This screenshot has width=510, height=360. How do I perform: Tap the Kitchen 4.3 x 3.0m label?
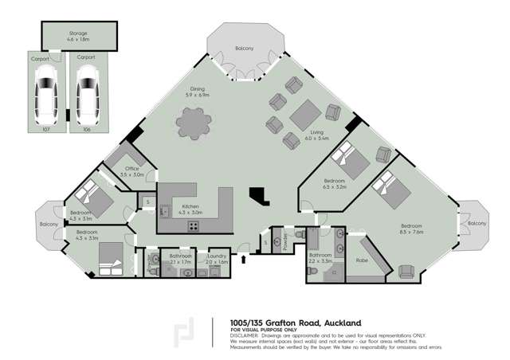[191, 211]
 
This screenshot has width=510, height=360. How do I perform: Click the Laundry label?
[217, 259]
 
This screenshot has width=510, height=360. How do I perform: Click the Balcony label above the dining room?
[244, 49]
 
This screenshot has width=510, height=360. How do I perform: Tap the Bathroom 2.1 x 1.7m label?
[176, 259]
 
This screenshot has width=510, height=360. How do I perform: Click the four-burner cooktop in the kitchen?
[193, 225]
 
